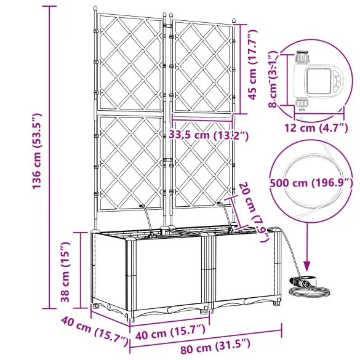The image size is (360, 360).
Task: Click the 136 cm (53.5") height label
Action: click(37, 151)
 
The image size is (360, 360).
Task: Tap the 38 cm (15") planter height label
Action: click(65, 272)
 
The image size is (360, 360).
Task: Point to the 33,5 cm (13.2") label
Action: click(209, 135)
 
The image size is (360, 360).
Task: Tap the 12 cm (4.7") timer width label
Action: click(316, 127)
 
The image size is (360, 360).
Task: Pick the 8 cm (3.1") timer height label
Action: click(273, 79)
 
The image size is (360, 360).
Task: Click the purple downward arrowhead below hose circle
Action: click(307, 266)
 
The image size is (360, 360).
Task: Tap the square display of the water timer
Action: click(318, 81)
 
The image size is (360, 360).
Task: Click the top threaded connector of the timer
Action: click(303, 56)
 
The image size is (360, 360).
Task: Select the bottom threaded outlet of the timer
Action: click(302, 104)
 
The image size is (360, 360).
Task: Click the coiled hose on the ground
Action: click(309, 291)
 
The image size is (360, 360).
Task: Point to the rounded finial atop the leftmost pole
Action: click(95, 9)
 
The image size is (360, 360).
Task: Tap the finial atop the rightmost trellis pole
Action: click(234, 21)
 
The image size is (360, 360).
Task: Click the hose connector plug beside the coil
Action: click(296, 281)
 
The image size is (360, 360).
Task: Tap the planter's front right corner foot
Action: click(277, 302)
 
